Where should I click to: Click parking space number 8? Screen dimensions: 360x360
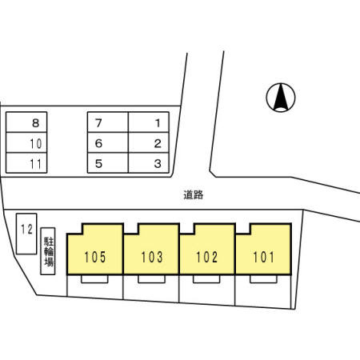pos(26,122)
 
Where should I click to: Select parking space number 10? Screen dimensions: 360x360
pos(26,142)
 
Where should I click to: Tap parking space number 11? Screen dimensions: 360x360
pos(26,163)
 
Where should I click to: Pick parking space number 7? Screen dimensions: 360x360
pos(108,122)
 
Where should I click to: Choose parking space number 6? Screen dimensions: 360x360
pos(108,142)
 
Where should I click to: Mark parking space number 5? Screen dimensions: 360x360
pos(108,163)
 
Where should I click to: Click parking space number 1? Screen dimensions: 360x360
pos(149,122)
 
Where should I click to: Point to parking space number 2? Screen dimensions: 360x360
pos(149,142)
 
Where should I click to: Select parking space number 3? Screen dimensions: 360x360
pos(149,163)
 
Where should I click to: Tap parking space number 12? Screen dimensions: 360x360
pos(26,234)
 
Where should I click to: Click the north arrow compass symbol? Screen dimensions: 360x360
pos(281,98)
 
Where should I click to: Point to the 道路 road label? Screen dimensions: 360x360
pos(194,194)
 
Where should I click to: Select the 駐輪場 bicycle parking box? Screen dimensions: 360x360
pos(48,251)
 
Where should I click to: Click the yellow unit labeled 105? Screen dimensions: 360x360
pos(95,250)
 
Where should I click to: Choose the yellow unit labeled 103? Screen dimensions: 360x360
pos(151,250)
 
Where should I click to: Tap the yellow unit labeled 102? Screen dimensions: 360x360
pos(207,250)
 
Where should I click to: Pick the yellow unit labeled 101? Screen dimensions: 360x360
pos(263,250)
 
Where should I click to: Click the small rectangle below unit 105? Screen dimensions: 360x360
pos(94,279)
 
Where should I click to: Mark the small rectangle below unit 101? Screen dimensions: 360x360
pos(263,279)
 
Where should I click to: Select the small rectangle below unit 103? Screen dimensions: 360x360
pos(151,279)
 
